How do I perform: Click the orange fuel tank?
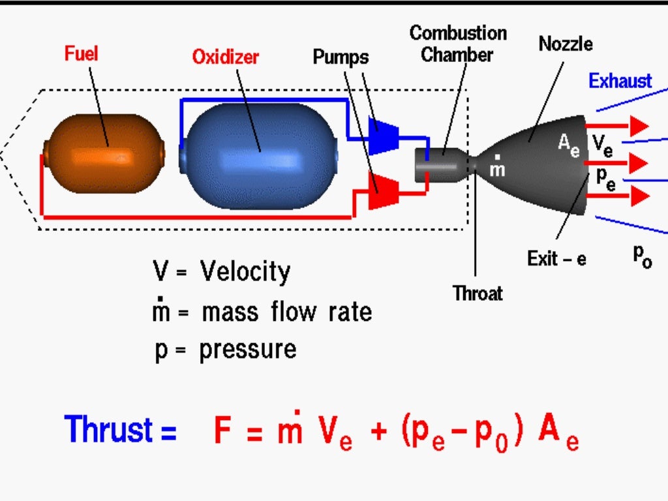[103, 154]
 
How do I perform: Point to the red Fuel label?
[81, 53]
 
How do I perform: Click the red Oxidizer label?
[225, 57]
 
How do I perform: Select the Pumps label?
[341, 57]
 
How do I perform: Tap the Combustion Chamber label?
[457, 44]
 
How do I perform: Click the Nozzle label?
[565, 44]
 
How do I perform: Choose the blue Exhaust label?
[620, 81]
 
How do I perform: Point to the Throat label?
[478, 294]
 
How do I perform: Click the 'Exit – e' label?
[556, 259]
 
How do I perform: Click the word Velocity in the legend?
[245, 271]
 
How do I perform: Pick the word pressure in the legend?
[248, 350]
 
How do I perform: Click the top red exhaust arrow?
[617, 125]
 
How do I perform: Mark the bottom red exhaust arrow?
[617, 195]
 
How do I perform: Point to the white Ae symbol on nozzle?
[568, 144]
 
